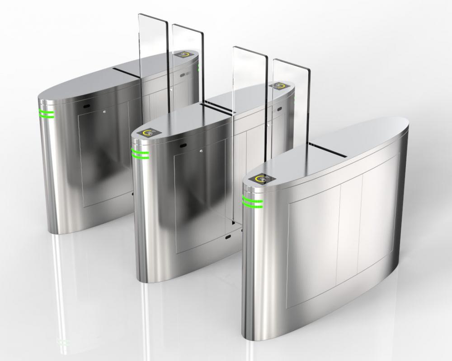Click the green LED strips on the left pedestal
tap(47, 114)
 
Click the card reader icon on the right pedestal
tap(262, 179)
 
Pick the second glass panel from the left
tap(188, 68)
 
